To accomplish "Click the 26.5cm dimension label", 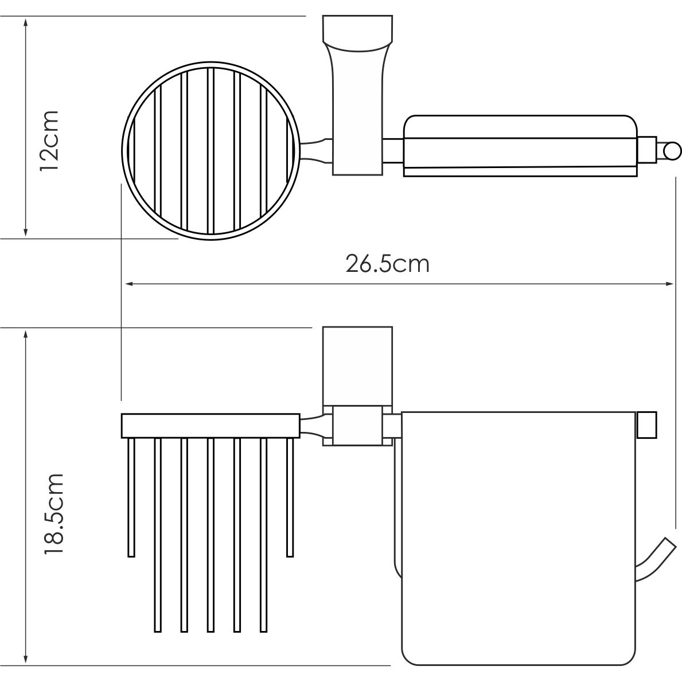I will pyautogui.click(x=387, y=264).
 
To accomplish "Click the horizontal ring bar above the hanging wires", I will pyautogui.click(x=210, y=426).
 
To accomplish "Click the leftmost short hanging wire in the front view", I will pyautogui.click(x=131, y=497).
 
